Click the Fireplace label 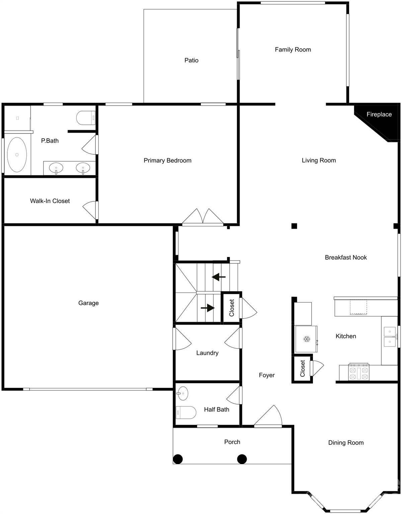point(379,114)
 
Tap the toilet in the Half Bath point(186,412)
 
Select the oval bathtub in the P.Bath point(17,155)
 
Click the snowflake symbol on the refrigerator point(306,339)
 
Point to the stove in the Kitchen point(359,372)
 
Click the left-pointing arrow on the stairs point(219,277)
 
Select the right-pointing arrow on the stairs point(208,308)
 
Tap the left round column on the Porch point(178,459)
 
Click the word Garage point(88,303)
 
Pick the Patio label point(191,61)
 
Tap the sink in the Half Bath point(182,393)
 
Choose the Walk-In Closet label point(50,201)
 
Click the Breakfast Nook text point(346,258)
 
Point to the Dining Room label point(346,443)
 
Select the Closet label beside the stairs point(232,308)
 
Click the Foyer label point(267,375)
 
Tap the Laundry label point(207,353)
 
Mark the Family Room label point(293,50)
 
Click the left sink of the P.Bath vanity point(56,167)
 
